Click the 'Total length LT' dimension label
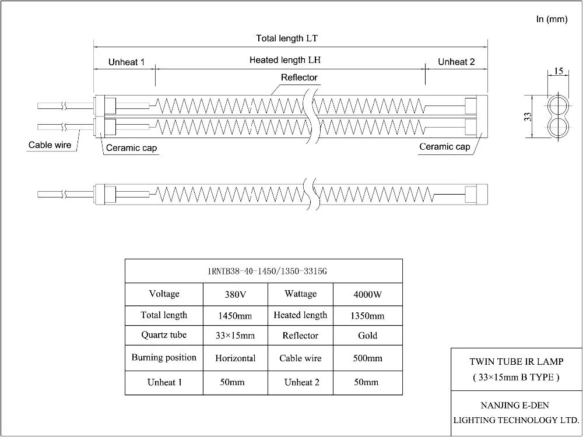click(x=286, y=38)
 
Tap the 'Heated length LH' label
click(x=286, y=60)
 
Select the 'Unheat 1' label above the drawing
click(x=127, y=62)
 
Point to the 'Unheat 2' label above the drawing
click(x=456, y=62)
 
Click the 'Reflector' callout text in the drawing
click(x=299, y=77)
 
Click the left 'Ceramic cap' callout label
click(x=131, y=148)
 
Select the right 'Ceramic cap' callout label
click(x=445, y=147)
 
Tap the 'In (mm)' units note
click(x=552, y=20)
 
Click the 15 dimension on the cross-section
click(x=559, y=71)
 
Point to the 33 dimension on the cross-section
click(x=527, y=117)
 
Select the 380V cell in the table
click(x=235, y=295)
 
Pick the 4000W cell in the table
click(x=368, y=295)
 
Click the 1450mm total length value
click(x=235, y=316)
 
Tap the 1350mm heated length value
click(x=368, y=316)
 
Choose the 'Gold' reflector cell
click(x=368, y=336)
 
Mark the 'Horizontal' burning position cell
click(x=235, y=358)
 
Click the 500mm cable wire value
click(x=368, y=358)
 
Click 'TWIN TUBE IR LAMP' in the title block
click(x=516, y=362)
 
